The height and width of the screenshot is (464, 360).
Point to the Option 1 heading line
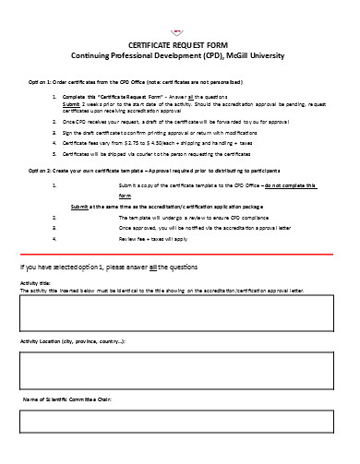pyautogui.click(x=150, y=81)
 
